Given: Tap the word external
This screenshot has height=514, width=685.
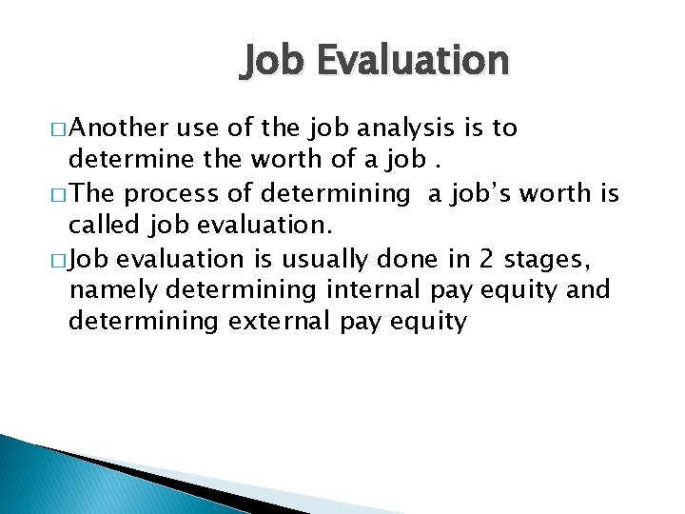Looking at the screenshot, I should point(279,321).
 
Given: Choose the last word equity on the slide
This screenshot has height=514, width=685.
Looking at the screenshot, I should point(430,322).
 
